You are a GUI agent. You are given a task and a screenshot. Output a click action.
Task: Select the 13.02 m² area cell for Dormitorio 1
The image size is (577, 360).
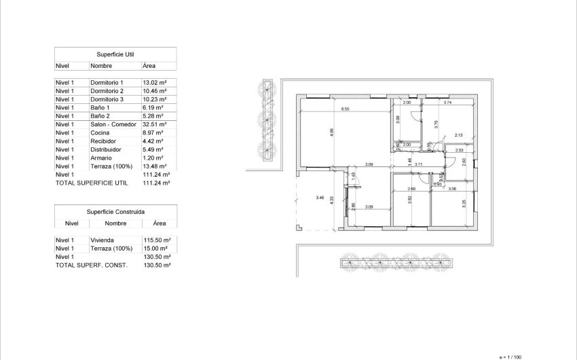[x=154, y=82]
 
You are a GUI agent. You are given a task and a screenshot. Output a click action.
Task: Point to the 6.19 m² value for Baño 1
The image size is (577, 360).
[x=153, y=107]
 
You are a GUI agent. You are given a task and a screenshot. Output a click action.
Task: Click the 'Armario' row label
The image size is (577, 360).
[x=102, y=158]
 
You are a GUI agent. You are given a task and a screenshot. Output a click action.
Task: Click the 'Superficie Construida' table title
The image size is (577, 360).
[x=115, y=211]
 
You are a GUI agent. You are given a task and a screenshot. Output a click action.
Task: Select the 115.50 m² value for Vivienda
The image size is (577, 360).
[x=156, y=240]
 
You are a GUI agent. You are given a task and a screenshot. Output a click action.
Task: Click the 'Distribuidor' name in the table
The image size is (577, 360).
[x=106, y=149]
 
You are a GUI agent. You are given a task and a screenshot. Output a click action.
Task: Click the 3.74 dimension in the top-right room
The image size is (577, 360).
[x=447, y=103]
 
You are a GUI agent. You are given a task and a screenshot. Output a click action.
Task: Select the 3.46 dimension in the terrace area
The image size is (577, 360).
[x=320, y=198]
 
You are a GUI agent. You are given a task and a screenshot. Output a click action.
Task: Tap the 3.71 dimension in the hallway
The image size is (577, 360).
[x=419, y=164]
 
